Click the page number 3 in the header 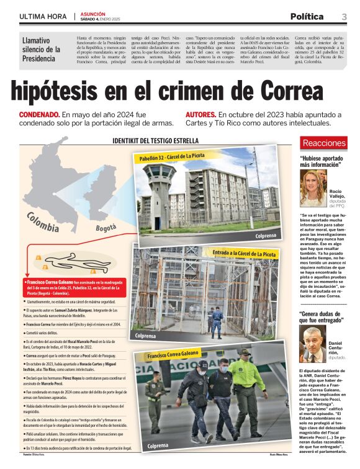coord(344,17)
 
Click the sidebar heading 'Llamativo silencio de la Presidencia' coord(42,49)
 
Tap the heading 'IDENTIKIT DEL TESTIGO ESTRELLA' coord(155,141)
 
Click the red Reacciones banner coord(341,143)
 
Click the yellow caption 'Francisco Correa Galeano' coord(180,355)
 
